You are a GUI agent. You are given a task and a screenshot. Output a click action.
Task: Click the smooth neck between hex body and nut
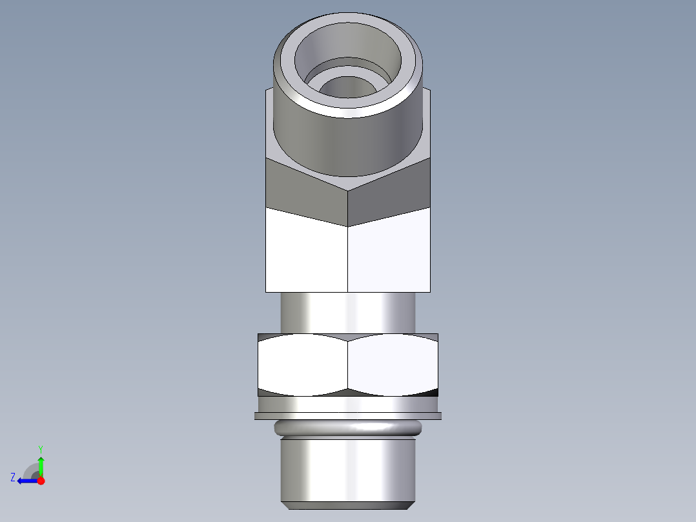tap(348, 313)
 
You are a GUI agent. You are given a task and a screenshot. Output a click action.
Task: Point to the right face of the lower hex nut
tap(393, 365)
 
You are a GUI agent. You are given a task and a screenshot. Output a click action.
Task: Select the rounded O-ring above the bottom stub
tap(348, 427)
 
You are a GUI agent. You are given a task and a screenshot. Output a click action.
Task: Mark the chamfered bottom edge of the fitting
tap(348, 505)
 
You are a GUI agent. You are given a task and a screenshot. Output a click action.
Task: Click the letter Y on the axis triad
tap(41, 448)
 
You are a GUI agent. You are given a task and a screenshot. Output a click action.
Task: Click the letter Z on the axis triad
tap(13, 477)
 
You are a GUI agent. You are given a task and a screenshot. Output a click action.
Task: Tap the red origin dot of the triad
tap(41, 481)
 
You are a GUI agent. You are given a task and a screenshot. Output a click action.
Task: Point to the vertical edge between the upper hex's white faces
tap(348, 258)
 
